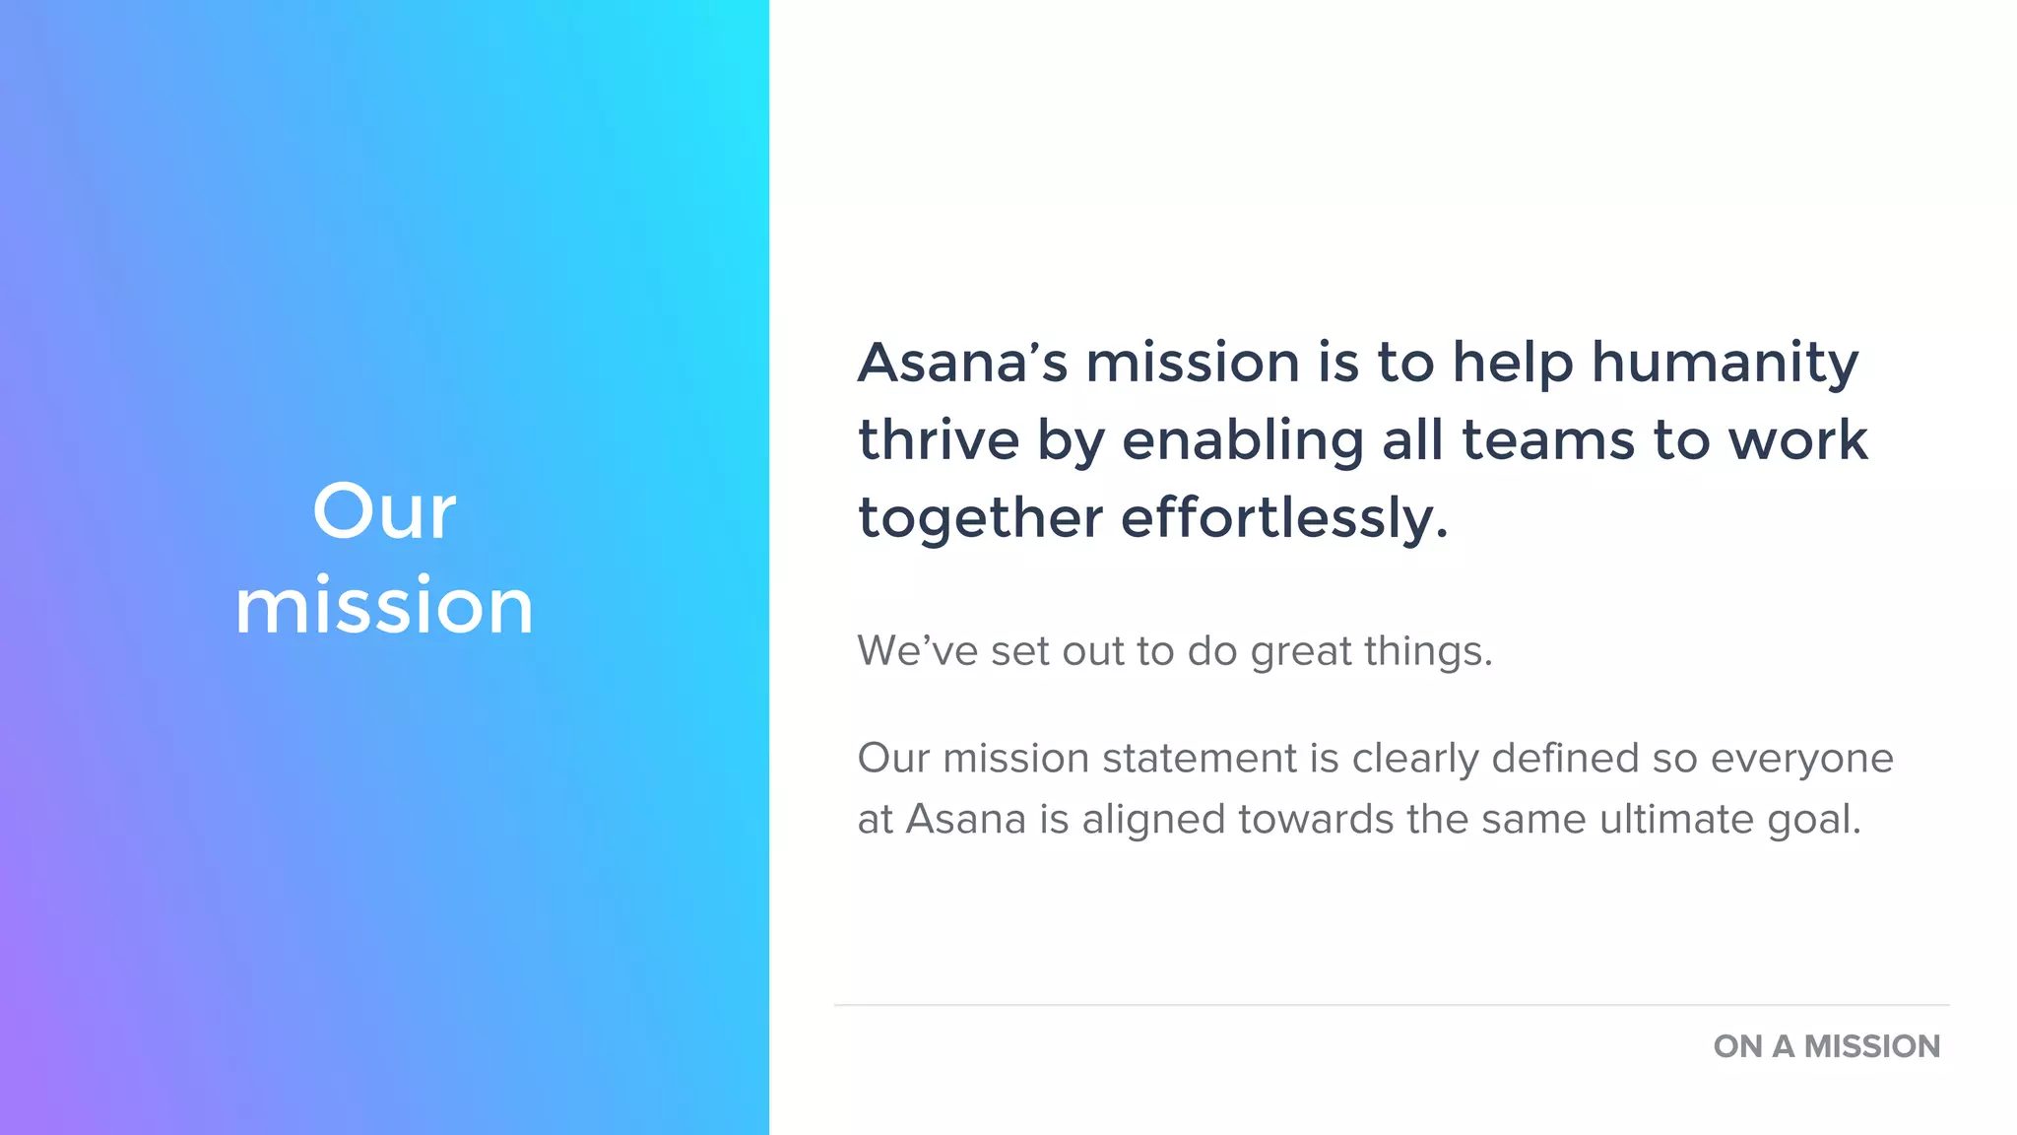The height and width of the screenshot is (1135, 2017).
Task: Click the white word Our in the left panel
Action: pyautogui.click(x=384, y=511)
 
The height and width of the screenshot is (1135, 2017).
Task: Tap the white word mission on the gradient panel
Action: pyautogui.click(x=384, y=605)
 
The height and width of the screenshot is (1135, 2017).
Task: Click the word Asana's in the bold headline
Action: pyautogui.click(x=962, y=363)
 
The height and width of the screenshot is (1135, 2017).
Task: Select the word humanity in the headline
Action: pyautogui.click(x=1724, y=363)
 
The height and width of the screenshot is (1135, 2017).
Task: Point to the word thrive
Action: pyautogui.click(x=939, y=440)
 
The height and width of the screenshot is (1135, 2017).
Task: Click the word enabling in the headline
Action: pyautogui.click(x=1242, y=440)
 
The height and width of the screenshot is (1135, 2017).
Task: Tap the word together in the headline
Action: pyautogui.click(x=980, y=518)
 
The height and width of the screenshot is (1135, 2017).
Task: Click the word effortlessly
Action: pyautogui.click(x=1284, y=518)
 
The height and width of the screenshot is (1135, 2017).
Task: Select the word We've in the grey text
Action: pyautogui.click(x=917, y=651)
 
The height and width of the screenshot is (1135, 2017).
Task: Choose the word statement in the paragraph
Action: pyautogui.click(x=1199, y=759)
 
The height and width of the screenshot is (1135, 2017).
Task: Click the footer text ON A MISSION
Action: pyautogui.click(x=1826, y=1046)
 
